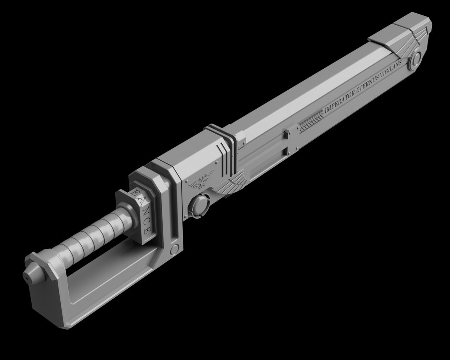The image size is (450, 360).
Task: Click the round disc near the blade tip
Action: coord(415,60)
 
